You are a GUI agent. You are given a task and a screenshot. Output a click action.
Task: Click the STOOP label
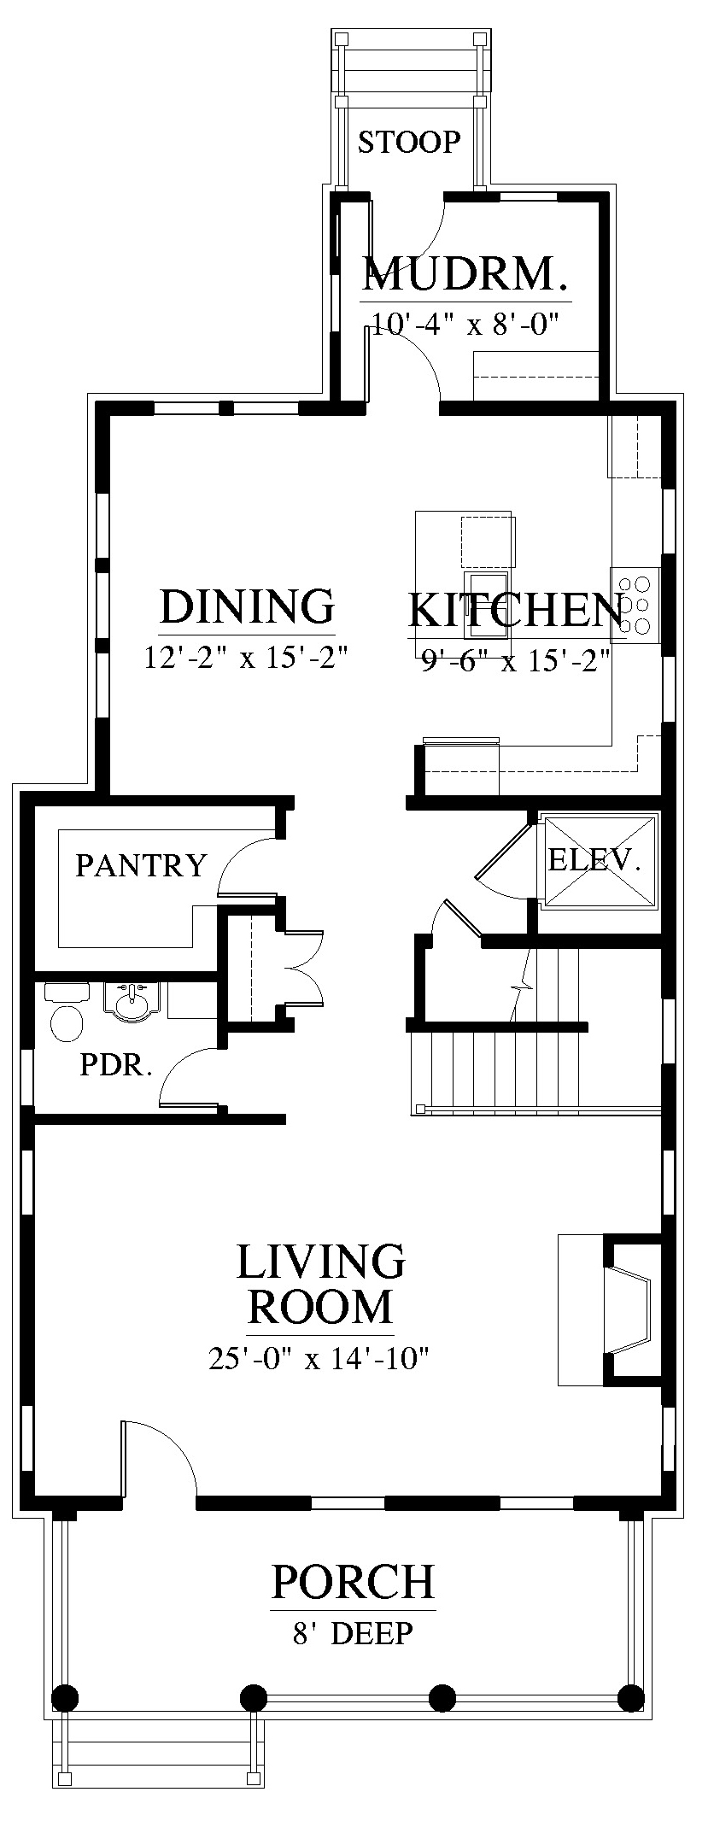tap(409, 142)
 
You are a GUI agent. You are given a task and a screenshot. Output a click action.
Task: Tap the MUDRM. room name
tap(465, 275)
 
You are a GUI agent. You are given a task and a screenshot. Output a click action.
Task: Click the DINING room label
tap(247, 606)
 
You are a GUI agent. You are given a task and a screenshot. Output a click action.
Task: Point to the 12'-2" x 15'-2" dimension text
tap(247, 658)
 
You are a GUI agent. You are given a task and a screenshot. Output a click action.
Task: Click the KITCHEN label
tap(515, 609)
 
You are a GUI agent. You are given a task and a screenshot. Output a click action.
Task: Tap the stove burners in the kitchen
tap(635, 606)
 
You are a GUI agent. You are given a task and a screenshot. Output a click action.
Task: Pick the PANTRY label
tap(142, 865)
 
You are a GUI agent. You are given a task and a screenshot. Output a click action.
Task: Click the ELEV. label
tap(594, 859)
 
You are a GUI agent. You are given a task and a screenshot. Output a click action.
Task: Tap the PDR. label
tap(116, 1065)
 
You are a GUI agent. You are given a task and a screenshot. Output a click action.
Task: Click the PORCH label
tap(353, 1582)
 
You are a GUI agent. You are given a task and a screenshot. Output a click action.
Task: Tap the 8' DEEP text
tap(353, 1634)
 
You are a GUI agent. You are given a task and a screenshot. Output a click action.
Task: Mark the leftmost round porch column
tap(65, 1696)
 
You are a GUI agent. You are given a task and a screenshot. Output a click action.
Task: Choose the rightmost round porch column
tap(630, 1696)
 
